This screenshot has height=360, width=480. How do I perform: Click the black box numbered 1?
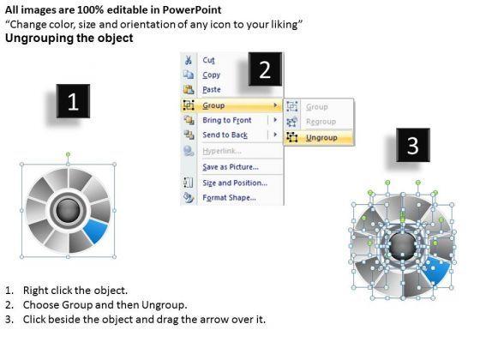point(73,101)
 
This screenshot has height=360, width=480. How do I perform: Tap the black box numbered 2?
point(265,69)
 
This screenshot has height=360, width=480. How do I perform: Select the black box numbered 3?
point(413,145)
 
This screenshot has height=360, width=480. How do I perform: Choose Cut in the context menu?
point(208,60)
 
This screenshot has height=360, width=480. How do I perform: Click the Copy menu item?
point(211,75)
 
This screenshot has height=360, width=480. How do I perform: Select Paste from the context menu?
point(212,90)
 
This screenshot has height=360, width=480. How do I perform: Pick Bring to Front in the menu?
point(227,120)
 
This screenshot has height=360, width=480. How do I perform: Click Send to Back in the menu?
point(225,135)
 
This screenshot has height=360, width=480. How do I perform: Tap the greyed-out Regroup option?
point(321,122)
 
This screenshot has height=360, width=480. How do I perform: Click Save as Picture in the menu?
point(231,167)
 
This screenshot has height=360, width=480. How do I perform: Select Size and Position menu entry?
point(235,183)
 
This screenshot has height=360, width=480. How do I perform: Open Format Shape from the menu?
point(230,198)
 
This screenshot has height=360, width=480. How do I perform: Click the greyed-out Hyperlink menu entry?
point(222,151)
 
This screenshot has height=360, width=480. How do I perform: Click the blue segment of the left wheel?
point(96,231)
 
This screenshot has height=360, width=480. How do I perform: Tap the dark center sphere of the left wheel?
point(68,210)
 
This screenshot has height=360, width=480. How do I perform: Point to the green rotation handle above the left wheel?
point(68,154)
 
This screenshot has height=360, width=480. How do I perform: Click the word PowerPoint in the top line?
point(192,9)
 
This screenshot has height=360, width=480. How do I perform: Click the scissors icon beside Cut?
point(189,60)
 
